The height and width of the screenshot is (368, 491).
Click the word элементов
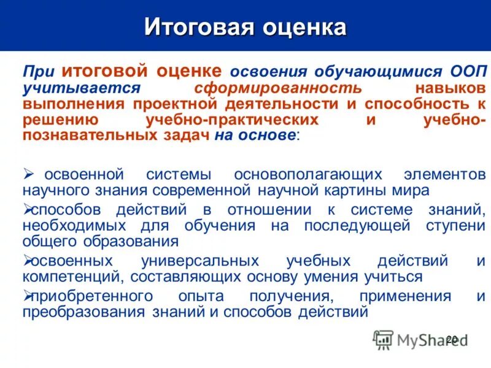point(446,175)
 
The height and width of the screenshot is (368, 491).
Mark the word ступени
point(455,225)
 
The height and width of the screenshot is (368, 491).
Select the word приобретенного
point(91,296)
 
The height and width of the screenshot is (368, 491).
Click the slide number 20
point(452,339)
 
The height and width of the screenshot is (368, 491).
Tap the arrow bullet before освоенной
point(28,175)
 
